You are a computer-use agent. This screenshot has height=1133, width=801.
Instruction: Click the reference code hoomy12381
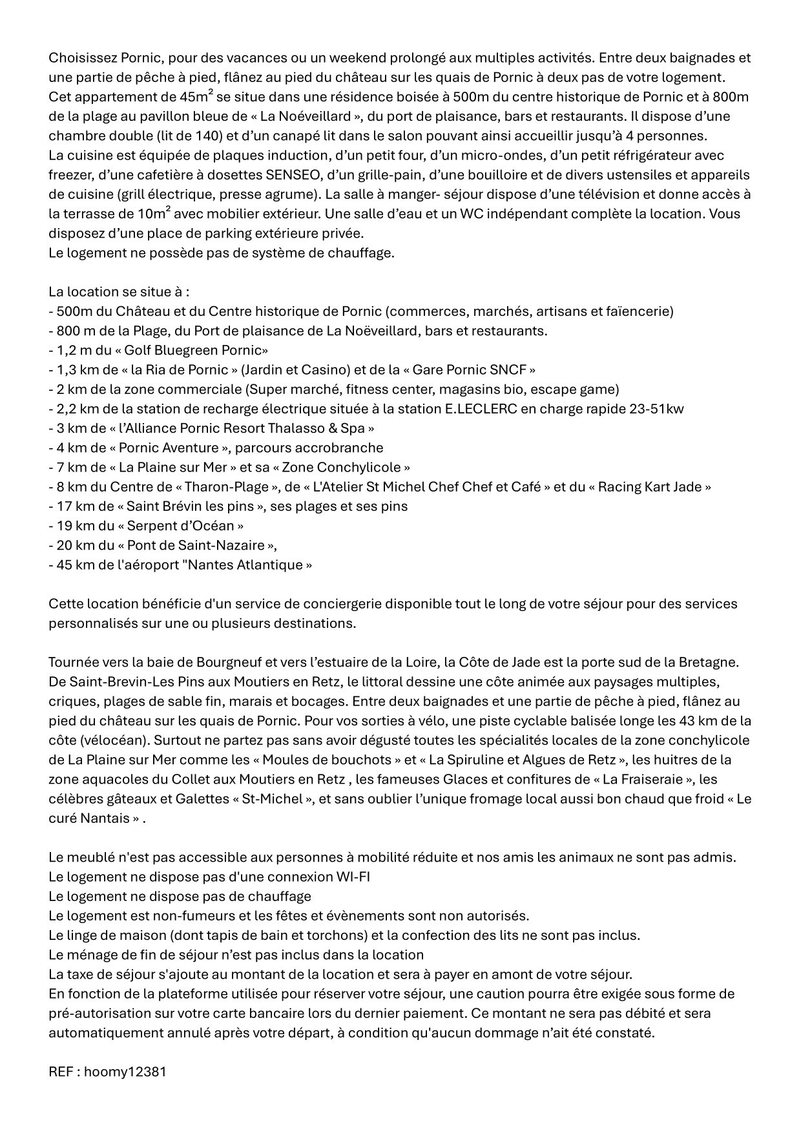(x=125, y=1072)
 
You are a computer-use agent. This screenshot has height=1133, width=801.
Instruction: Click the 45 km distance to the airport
(x=70, y=565)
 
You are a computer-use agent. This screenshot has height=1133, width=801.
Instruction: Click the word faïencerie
(x=638, y=311)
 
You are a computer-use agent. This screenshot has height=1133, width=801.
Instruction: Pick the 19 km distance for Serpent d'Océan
(x=70, y=526)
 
